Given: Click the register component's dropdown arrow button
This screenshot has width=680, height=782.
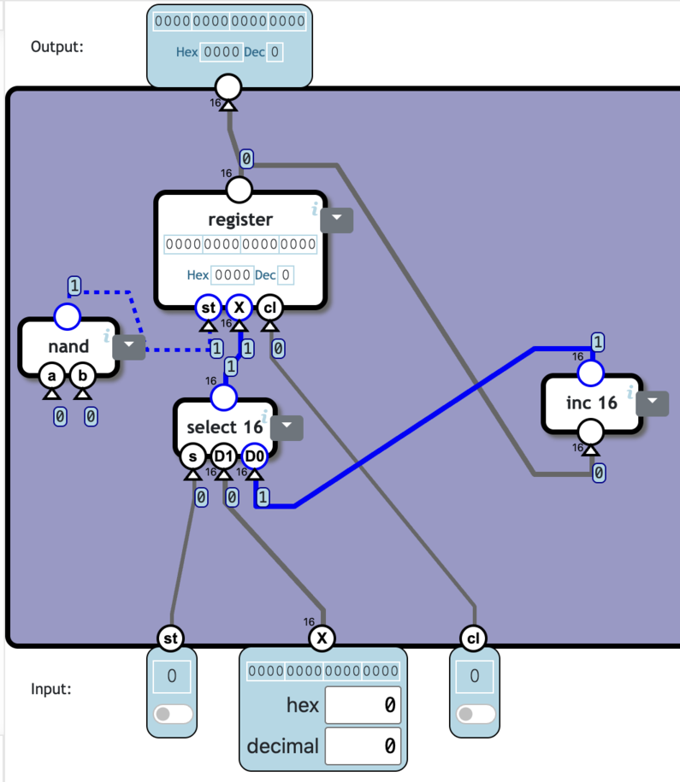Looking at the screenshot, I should [x=336, y=220].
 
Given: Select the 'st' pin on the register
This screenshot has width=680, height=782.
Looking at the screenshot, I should [x=208, y=306].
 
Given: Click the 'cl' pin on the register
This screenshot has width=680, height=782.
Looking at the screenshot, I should [x=269, y=306].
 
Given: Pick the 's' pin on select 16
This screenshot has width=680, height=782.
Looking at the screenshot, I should [x=192, y=456].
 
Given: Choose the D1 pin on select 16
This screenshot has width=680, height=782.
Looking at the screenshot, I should [x=223, y=456].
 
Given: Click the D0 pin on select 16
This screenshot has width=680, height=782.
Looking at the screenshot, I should [x=254, y=456].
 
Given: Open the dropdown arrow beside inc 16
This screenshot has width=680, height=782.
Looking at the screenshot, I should [x=653, y=403].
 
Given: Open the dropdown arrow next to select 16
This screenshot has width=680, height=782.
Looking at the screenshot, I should [x=287, y=426].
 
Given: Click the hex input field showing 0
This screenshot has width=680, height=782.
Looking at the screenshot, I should [x=362, y=705].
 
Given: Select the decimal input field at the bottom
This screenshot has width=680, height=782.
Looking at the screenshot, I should [x=362, y=746].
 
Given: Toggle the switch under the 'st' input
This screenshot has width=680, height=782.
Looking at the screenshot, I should [x=172, y=714].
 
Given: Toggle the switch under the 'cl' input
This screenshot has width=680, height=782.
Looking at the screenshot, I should [x=475, y=714].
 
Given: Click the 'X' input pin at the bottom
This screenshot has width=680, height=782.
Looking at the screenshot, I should [x=322, y=638].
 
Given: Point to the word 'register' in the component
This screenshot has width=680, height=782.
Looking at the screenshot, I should [x=240, y=220].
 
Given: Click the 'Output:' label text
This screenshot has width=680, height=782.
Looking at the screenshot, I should [x=57, y=46].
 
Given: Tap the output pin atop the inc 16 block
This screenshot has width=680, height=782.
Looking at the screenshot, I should [x=590, y=373].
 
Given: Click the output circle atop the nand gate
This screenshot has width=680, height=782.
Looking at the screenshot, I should [x=67, y=317].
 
